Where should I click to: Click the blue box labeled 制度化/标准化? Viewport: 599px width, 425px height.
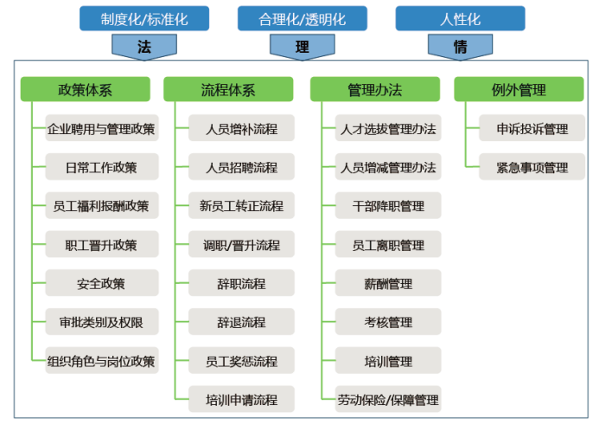[144, 18]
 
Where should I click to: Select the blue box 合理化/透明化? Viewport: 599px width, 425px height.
[302, 18]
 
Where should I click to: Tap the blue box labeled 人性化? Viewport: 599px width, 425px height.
[460, 18]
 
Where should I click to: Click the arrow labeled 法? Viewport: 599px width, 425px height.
[144, 47]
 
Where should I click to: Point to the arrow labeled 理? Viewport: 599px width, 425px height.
[302, 47]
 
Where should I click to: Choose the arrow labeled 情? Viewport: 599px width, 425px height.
[460, 47]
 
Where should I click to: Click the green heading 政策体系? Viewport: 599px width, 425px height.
[86, 89]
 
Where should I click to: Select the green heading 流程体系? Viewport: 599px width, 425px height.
[229, 89]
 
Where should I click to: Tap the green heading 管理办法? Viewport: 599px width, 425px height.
[375, 89]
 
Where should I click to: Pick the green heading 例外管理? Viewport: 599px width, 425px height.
[519, 89]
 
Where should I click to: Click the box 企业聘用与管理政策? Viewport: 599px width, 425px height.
[102, 129]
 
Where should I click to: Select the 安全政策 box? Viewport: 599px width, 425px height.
[102, 283]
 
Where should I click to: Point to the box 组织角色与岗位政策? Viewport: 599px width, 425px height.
[102, 361]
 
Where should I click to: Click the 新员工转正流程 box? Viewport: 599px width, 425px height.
[242, 206]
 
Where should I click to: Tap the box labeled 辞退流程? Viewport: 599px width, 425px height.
[242, 322]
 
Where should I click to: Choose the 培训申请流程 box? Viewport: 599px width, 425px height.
[242, 399]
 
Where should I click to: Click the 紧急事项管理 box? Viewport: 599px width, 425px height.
[532, 167]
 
